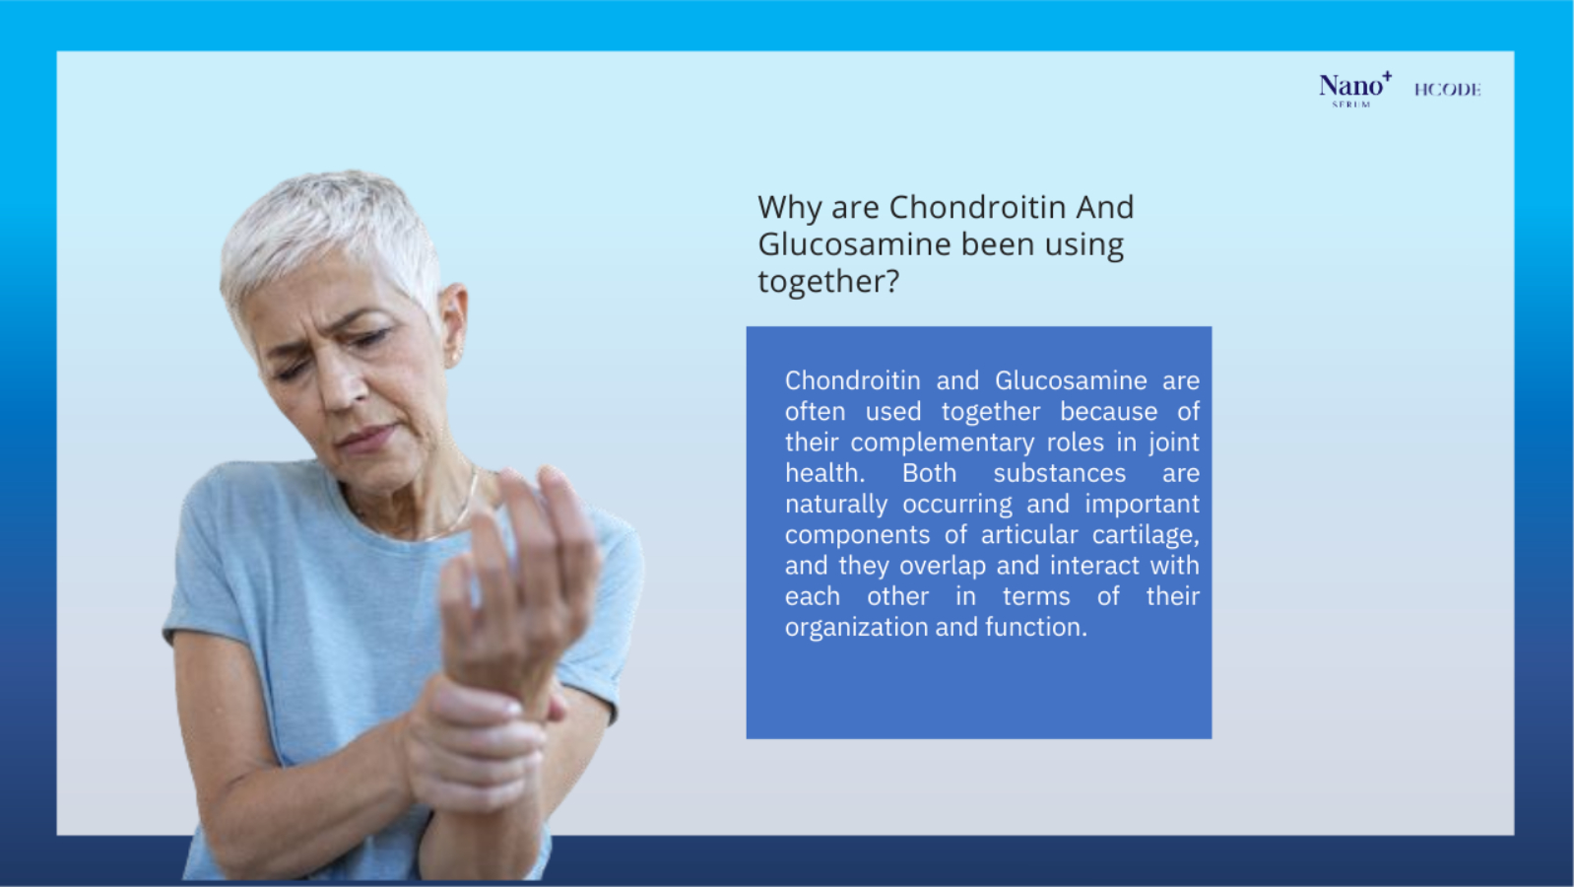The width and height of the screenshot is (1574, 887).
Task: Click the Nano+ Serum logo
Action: (x=1354, y=90)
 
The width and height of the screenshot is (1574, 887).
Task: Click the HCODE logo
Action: (x=1448, y=90)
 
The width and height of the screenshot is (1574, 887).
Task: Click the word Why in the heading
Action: (x=789, y=208)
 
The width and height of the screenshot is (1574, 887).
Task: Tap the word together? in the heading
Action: (x=828, y=282)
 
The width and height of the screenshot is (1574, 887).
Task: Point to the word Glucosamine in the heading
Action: (x=855, y=244)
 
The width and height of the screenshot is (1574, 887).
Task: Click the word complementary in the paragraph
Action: (x=943, y=443)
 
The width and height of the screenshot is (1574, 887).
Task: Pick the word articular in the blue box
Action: (x=1029, y=535)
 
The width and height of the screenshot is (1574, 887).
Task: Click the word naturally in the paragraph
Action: (x=836, y=505)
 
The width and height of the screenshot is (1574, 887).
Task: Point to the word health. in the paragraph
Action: (x=825, y=473)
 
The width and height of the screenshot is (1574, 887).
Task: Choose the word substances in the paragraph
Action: (x=1060, y=474)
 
